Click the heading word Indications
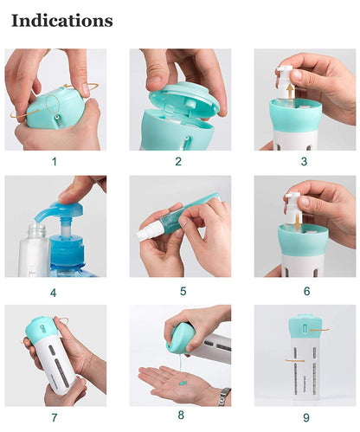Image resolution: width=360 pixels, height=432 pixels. [62, 19]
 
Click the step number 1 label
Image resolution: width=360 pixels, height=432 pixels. [54, 161]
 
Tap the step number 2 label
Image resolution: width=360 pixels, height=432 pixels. [178, 161]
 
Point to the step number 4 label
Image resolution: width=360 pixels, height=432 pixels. [54, 293]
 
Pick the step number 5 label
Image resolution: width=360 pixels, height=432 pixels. [178, 293]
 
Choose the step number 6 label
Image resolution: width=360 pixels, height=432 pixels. [305, 292]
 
